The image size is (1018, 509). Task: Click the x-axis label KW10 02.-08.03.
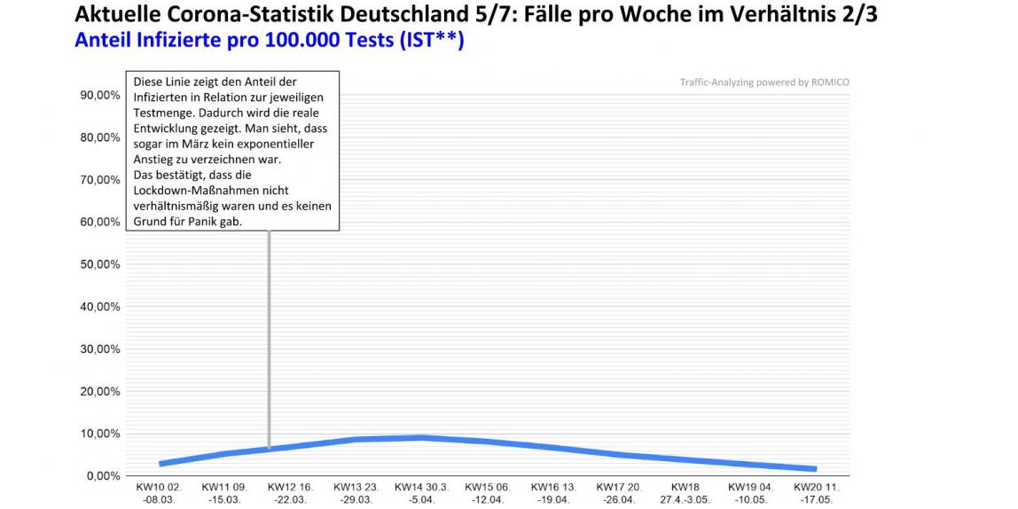159,493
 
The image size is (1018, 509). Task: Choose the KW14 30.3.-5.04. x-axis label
422,493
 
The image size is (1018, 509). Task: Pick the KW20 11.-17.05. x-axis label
816,493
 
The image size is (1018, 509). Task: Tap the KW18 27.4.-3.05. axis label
685,493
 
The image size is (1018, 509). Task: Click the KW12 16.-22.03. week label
291,493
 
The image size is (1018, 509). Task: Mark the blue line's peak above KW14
422,438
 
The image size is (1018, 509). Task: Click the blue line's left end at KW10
161,464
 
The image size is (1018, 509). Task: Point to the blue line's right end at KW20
814,469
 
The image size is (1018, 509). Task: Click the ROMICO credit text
764,82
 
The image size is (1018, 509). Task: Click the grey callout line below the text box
269,337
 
